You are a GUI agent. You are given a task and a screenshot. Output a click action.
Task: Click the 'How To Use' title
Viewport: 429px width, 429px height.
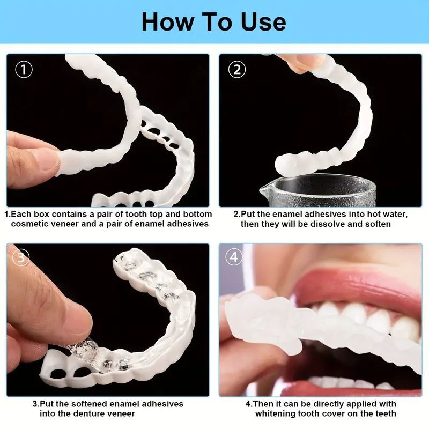click(214, 22)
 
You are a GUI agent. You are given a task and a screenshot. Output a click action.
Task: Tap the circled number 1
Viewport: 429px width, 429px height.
click(24, 70)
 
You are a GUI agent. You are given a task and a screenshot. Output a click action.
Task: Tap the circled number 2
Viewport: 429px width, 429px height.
click(237, 70)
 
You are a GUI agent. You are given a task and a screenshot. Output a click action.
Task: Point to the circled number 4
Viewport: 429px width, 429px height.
click(234, 258)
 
